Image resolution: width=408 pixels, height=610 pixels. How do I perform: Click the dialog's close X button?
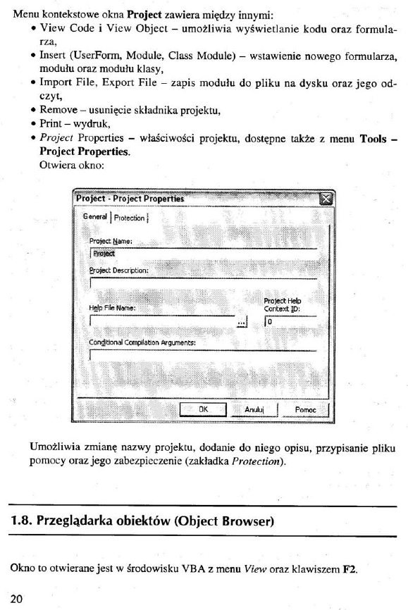pos(325,199)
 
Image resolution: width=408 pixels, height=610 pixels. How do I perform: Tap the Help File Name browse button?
pos(243,320)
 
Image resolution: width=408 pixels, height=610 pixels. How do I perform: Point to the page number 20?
pos(16,599)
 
